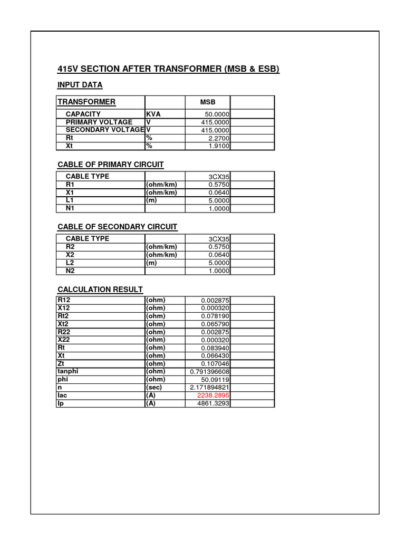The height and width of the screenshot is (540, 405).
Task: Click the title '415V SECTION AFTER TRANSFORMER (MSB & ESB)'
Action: (x=168, y=69)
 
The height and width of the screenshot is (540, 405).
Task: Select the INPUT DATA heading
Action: (x=80, y=84)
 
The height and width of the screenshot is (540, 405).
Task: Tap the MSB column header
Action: (x=207, y=102)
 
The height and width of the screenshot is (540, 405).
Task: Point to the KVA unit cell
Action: (x=153, y=114)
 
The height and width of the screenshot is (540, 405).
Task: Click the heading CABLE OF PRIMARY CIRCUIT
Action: (x=110, y=165)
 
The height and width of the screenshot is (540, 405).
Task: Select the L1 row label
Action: (x=70, y=200)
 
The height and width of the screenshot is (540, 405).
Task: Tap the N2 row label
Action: (x=70, y=271)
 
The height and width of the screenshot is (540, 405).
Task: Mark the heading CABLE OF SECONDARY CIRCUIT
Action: (x=117, y=227)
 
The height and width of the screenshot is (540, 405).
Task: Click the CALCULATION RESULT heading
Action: (x=100, y=289)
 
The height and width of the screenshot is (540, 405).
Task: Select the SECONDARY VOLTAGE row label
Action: (x=105, y=130)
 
